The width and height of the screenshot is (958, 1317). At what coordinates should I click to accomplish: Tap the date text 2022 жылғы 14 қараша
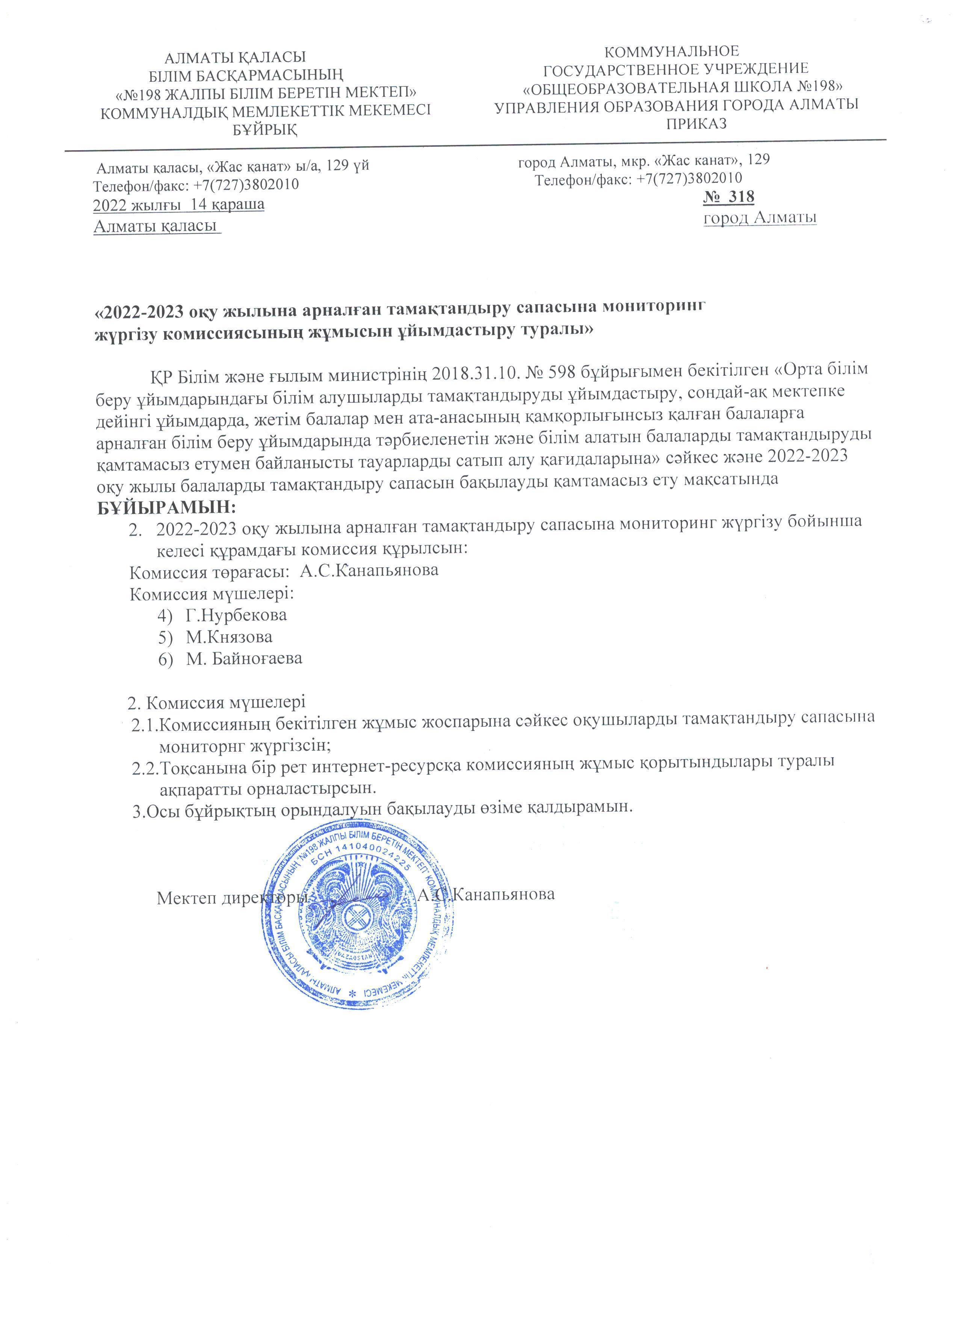[x=179, y=204]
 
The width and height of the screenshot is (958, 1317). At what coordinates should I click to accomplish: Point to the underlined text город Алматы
[x=760, y=218]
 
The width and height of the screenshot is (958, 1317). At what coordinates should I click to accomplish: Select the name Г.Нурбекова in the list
[x=236, y=614]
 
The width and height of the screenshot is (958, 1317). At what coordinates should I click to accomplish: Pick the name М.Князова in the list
[x=229, y=636]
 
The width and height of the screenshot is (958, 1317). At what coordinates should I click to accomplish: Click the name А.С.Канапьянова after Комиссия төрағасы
[x=369, y=570]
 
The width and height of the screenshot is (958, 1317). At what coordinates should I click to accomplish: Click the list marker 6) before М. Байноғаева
[x=166, y=658]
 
